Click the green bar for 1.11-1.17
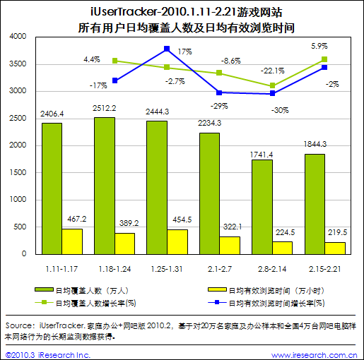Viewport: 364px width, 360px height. click(52, 188)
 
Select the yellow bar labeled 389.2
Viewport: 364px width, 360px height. click(124, 244)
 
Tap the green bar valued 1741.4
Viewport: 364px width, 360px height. click(262, 207)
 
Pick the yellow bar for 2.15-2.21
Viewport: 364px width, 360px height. click(335, 248)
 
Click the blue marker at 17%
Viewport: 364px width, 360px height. click(167, 49)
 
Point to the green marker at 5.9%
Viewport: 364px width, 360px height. click(324, 59)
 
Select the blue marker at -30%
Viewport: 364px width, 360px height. click(272, 93)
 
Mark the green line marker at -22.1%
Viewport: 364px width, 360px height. click(272, 85)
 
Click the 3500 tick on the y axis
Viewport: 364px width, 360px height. click(18, 64)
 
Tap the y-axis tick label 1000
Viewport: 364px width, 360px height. click(18, 200)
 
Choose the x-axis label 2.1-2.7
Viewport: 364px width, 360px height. click(220, 269)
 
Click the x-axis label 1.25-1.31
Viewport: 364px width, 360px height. click(167, 269)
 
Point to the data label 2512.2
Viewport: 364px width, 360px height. click(105, 108)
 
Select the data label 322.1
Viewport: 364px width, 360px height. click(233, 227)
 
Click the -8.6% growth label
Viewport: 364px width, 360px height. click(231, 61)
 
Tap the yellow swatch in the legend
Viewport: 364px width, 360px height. click(217, 289)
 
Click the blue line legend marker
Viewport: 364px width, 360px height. click(217, 302)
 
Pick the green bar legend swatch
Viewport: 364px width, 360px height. click(44, 289)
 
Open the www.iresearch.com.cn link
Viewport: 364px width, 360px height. click(314, 355)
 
